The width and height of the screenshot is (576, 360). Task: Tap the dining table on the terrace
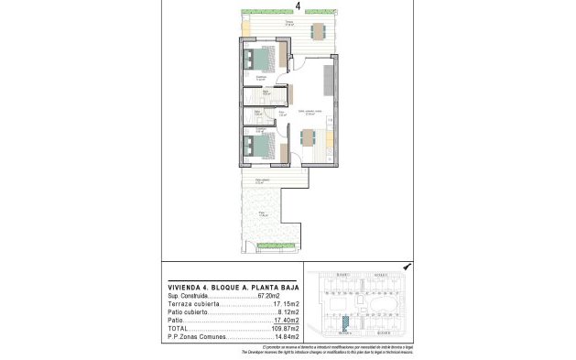pyautogui.click(x=318, y=30)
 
